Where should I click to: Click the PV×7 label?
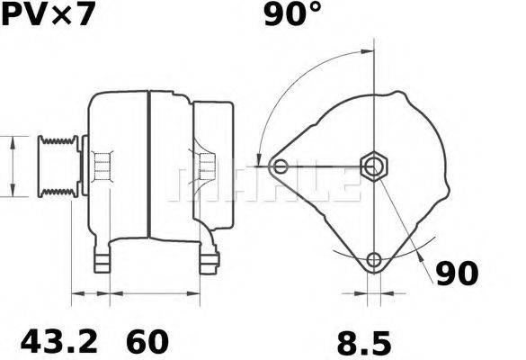pos(46,15)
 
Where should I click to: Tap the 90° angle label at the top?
pos(292,15)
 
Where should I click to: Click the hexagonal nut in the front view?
pos(372,165)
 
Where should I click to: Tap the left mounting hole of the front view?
pos(281,166)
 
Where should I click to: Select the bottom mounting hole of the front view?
pos(373,262)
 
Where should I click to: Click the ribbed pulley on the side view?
pos(56,166)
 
